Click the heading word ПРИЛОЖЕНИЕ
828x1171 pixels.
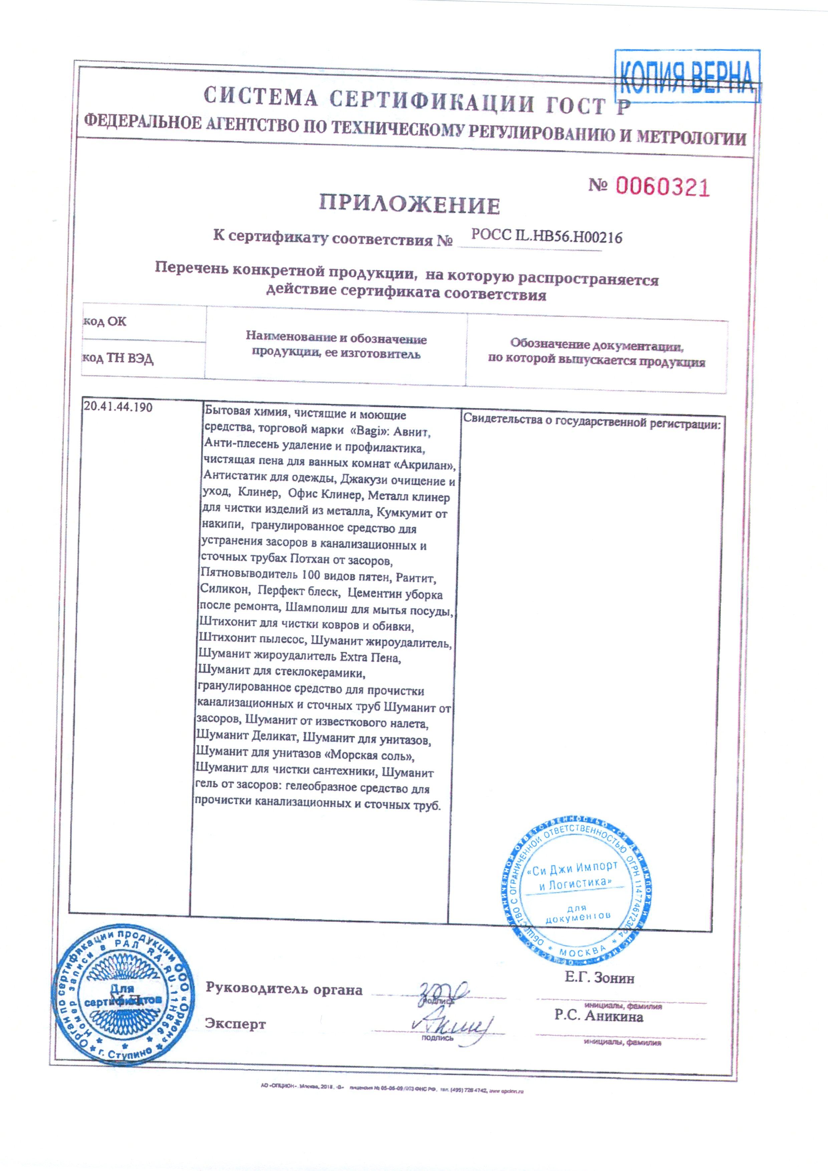(x=410, y=205)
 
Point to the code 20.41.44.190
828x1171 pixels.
(x=118, y=407)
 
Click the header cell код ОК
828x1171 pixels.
(x=105, y=322)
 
